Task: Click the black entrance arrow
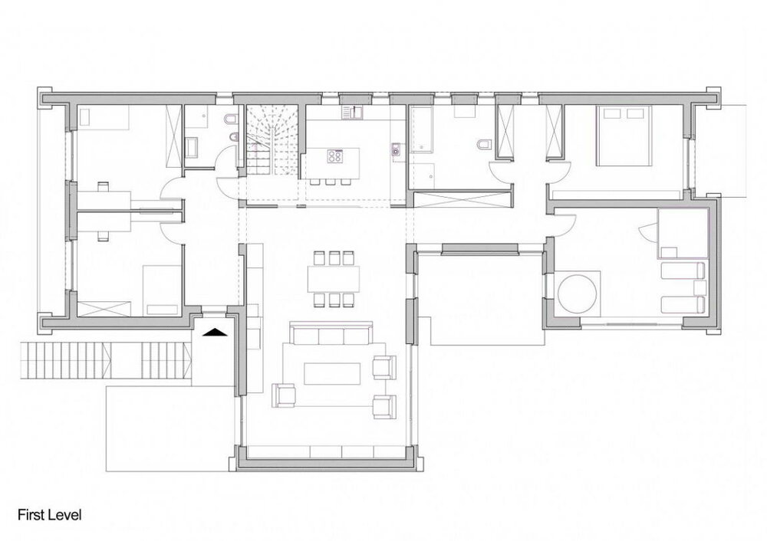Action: [216, 332]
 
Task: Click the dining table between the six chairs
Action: [334, 277]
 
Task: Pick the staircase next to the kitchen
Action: [269, 142]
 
